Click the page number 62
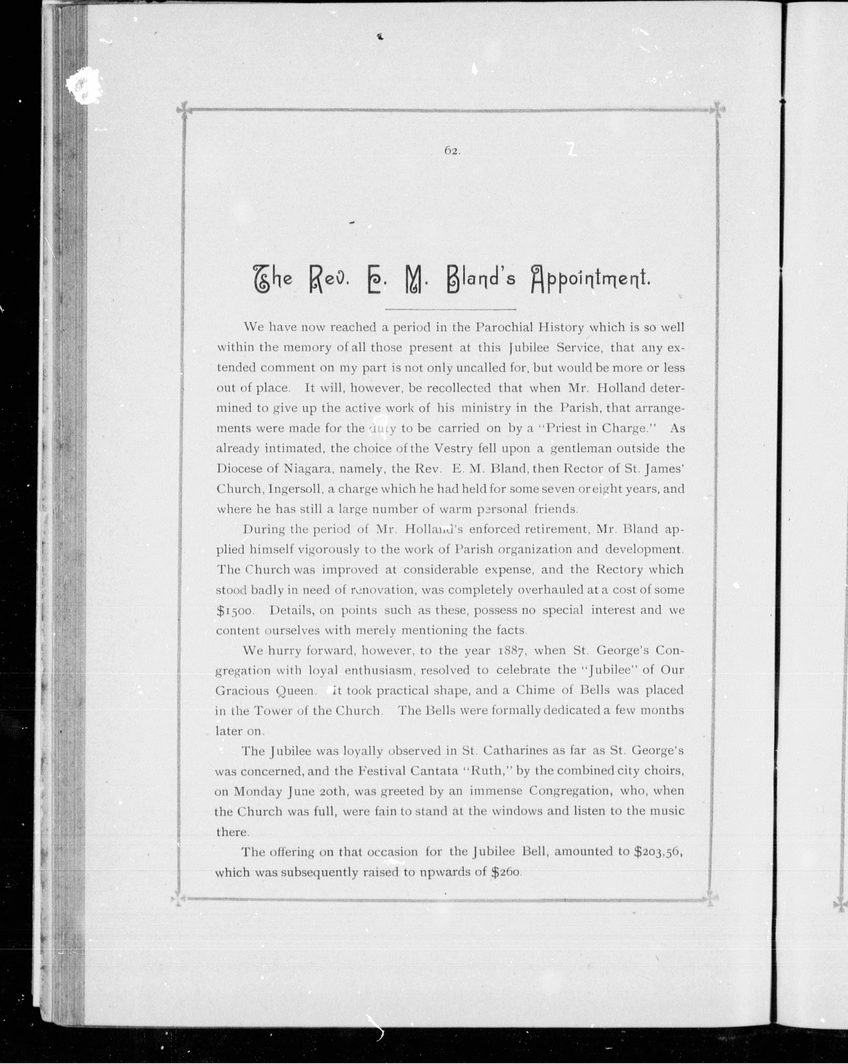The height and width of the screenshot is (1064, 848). [x=452, y=152]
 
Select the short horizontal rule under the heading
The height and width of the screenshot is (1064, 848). [x=450, y=310]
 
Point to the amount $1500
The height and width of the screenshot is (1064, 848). [x=235, y=610]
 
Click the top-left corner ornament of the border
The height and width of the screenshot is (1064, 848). [x=184, y=109]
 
